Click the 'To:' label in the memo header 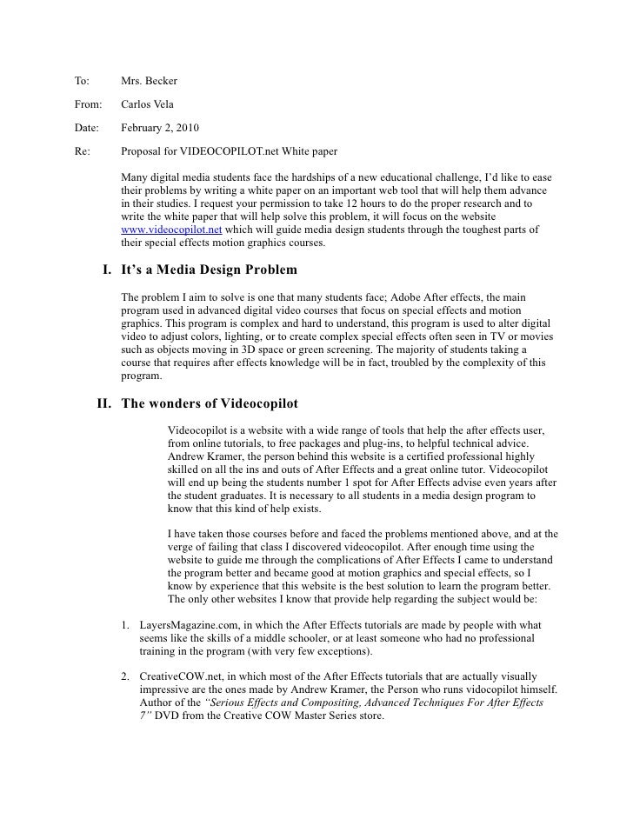pyautogui.click(x=83, y=82)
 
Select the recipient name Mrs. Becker pyautogui.click(x=150, y=82)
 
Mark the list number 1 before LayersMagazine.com pyautogui.click(x=126, y=625)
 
